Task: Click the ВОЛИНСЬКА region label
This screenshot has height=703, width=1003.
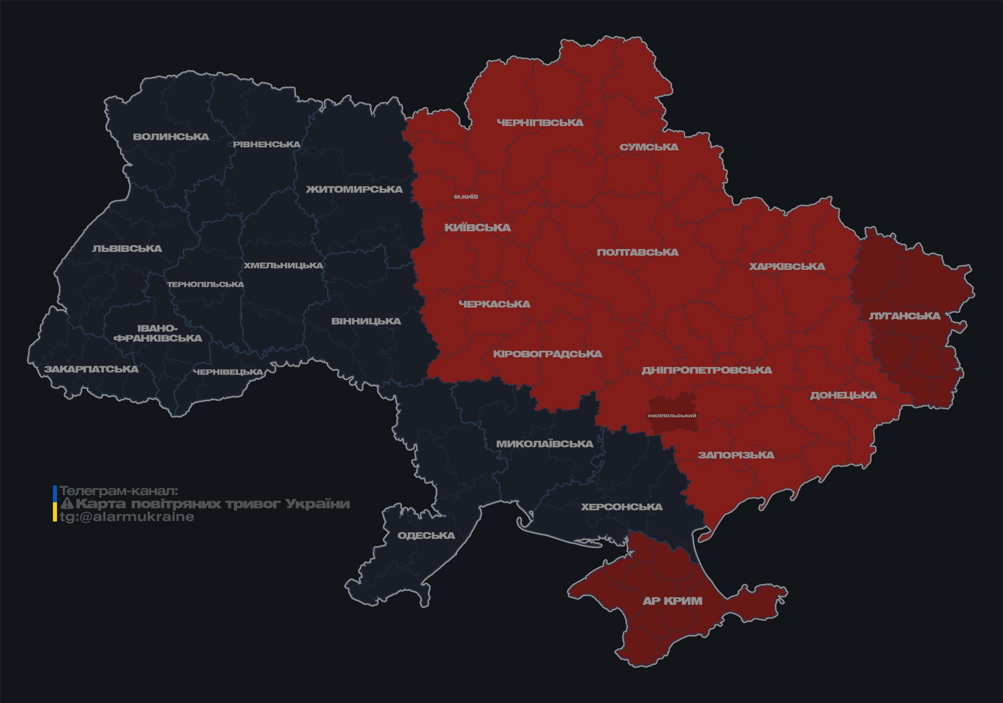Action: (x=171, y=137)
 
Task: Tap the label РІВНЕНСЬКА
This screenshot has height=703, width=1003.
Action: (x=267, y=144)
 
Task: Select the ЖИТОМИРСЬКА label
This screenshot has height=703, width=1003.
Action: (x=354, y=190)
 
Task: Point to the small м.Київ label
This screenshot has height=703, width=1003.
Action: (x=466, y=197)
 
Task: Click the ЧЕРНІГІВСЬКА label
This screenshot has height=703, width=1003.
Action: (x=540, y=123)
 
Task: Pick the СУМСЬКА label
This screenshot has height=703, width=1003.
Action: (x=649, y=147)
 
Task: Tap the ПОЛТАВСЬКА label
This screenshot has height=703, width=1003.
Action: (x=638, y=253)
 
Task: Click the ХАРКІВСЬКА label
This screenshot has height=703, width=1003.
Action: (x=787, y=267)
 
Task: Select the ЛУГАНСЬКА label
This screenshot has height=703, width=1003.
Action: (x=904, y=316)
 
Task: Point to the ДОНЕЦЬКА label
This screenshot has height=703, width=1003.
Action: (x=843, y=395)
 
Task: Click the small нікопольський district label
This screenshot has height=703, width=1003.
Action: (x=672, y=416)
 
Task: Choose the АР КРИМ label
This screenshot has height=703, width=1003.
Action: (x=672, y=601)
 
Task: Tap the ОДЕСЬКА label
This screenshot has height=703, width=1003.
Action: (x=426, y=536)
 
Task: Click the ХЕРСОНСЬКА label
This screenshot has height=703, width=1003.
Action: (x=621, y=507)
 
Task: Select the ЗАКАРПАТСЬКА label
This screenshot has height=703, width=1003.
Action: (x=91, y=369)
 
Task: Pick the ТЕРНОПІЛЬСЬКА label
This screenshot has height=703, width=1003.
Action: (x=206, y=285)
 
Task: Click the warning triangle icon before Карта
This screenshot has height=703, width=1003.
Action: (x=67, y=504)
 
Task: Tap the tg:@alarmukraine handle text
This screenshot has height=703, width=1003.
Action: (x=127, y=517)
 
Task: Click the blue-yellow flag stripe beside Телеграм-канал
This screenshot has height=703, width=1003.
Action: (x=55, y=504)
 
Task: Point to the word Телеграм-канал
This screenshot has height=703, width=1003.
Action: (x=119, y=491)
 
